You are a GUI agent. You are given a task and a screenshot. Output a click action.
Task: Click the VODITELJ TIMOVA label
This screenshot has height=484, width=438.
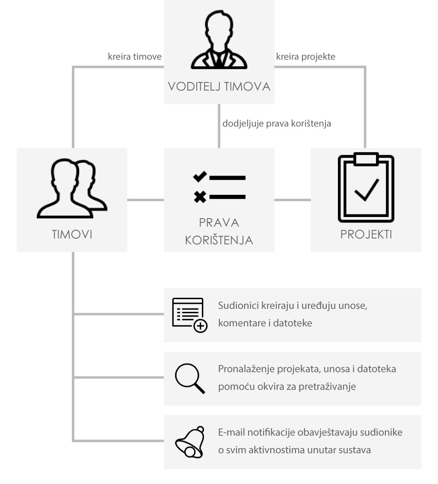click(x=219, y=86)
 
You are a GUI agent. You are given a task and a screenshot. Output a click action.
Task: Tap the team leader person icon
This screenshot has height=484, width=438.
click(x=219, y=39)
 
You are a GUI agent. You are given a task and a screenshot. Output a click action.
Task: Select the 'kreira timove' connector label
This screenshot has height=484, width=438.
click(x=135, y=56)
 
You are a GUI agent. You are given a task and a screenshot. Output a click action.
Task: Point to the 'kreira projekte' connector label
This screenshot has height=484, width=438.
click(x=306, y=56)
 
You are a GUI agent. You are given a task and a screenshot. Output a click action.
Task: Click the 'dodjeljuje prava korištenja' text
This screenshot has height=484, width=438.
click(x=277, y=123)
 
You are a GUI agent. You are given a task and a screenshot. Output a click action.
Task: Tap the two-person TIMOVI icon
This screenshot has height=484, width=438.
click(x=72, y=188)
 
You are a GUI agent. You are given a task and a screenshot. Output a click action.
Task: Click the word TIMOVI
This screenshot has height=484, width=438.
click(x=72, y=234)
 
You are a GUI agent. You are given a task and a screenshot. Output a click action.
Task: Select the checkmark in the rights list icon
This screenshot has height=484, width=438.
click(x=200, y=177)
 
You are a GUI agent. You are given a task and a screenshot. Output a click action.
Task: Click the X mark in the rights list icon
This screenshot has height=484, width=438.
click(x=200, y=197)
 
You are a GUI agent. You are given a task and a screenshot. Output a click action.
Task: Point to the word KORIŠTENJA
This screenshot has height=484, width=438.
click(x=219, y=240)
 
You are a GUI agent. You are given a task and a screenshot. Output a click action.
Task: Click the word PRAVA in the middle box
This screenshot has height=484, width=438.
click(x=219, y=223)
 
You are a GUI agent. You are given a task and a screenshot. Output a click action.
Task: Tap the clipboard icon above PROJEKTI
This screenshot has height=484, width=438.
click(x=366, y=188)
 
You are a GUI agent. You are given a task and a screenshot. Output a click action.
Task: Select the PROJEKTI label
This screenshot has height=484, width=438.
click(x=366, y=234)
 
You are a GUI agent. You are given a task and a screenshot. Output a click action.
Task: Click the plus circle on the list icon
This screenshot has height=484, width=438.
click(x=200, y=326)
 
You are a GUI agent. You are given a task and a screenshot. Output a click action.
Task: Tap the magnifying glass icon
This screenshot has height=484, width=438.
click(x=190, y=378)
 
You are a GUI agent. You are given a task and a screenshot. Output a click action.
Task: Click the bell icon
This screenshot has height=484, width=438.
click(x=190, y=442)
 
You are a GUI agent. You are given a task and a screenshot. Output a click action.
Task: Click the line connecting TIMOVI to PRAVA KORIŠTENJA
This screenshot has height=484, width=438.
click(x=145, y=200)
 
